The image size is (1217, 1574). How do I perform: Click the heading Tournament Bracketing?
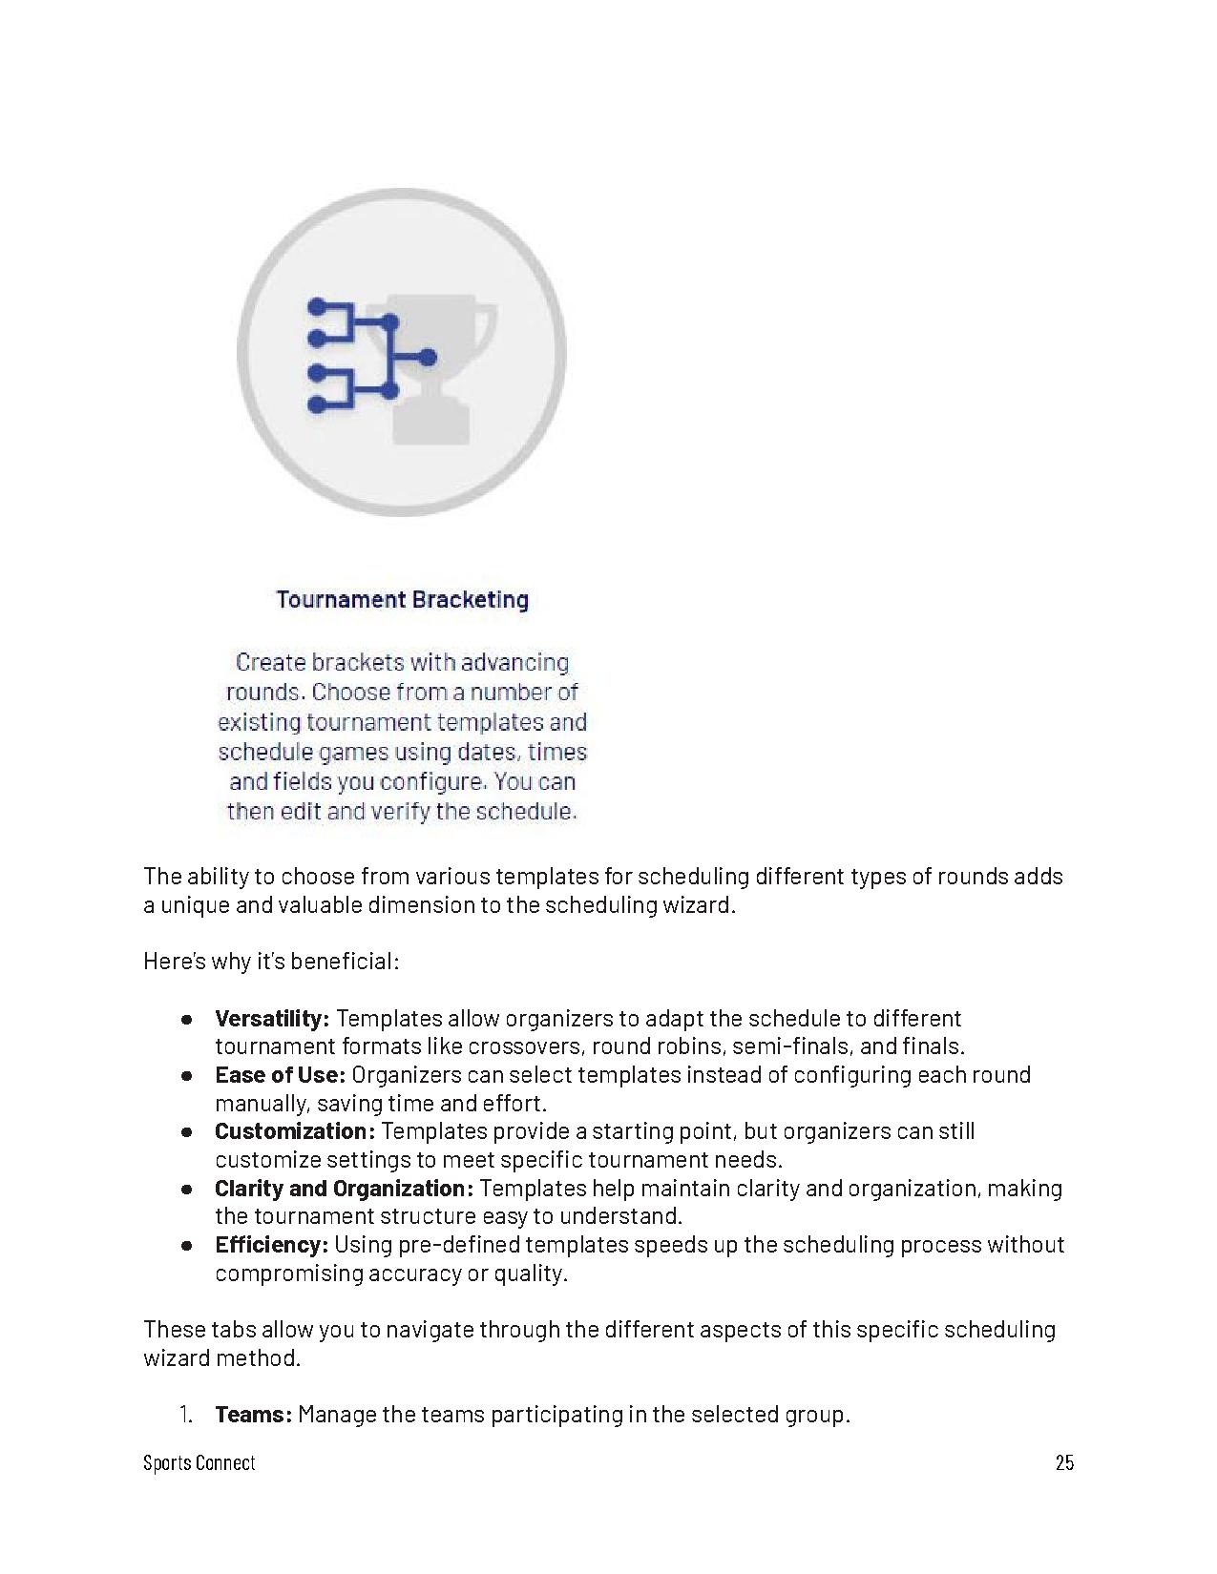tap(402, 599)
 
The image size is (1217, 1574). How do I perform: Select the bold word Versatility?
tap(271, 1019)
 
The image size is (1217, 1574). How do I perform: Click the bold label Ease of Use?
tap(279, 1075)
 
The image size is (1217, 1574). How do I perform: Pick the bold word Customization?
tap(294, 1131)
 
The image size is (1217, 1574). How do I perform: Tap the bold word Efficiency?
tap(271, 1245)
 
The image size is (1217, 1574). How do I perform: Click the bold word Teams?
tap(252, 1414)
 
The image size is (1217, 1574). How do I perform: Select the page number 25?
tap(1064, 1462)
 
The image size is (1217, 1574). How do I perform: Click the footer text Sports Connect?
tap(199, 1462)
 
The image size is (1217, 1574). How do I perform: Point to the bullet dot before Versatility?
tap(188, 1020)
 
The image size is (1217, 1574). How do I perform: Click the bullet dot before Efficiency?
tap(188, 1246)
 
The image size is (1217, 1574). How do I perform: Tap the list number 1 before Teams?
tap(185, 1414)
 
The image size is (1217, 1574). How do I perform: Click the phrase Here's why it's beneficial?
tap(271, 961)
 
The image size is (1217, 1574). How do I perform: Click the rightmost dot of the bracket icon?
tap(427, 358)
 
